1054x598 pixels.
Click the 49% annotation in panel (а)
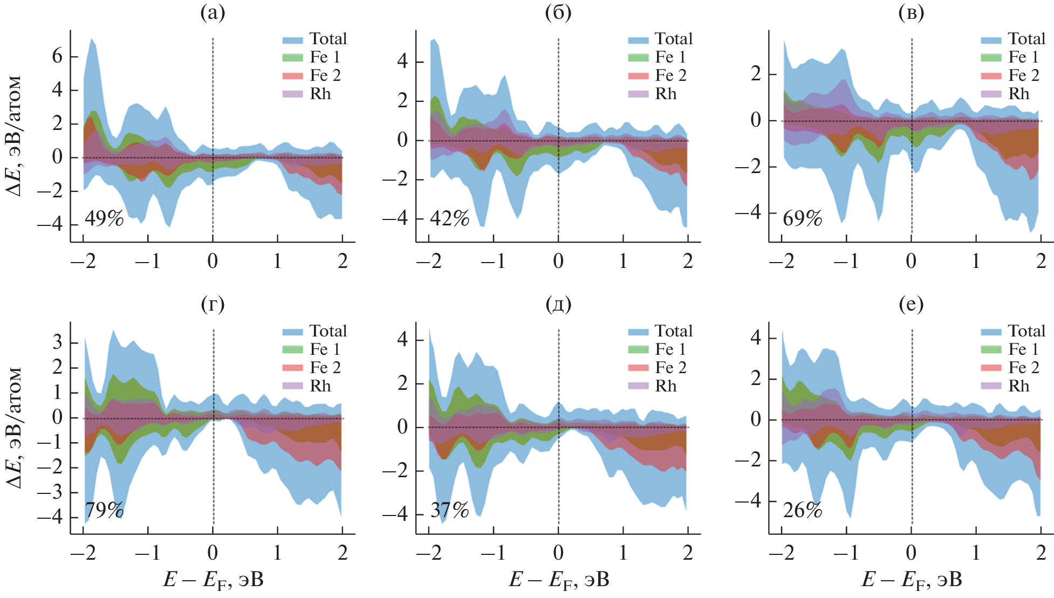104,218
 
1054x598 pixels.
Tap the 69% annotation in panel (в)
802,218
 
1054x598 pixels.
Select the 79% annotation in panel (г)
104,510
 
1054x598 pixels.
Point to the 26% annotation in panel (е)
802,510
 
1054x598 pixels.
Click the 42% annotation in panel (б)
449,218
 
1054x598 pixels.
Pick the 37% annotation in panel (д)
449,510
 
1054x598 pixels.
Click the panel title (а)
213,12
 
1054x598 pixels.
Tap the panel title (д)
558,305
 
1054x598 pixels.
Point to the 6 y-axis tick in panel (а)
57,56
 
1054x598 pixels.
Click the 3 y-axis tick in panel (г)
57,342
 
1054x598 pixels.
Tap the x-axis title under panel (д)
559,580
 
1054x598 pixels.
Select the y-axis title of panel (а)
15,135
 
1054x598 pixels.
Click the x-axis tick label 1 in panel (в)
976,261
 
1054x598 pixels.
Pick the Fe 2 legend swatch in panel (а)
292,76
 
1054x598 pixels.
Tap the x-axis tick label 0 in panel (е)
911,553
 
